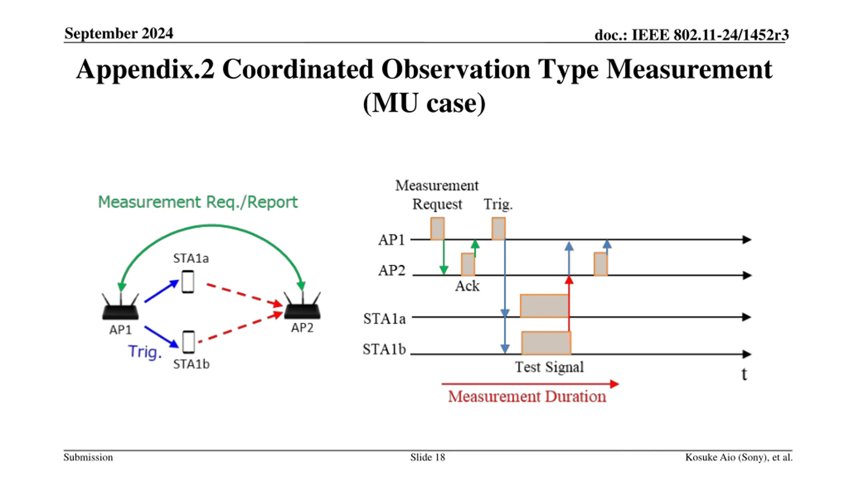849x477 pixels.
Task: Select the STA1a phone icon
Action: click(x=188, y=282)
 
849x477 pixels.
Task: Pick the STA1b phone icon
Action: click(x=189, y=342)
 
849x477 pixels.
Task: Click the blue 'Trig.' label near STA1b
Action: click(x=145, y=352)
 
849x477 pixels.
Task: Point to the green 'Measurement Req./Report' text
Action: click(x=198, y=202)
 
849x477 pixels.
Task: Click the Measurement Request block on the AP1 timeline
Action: click(x=437, y=229)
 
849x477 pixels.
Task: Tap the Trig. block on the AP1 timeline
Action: click(x=498, y=229)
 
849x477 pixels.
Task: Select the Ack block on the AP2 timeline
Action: click(x=468, y=264)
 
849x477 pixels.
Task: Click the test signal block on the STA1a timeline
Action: click(x=544, y=306)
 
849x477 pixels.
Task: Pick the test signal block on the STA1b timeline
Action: click(x=546, y=343)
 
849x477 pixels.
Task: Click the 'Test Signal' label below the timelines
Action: click(x=549, y=367)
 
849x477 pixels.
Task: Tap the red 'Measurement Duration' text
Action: click(x=527, y=397)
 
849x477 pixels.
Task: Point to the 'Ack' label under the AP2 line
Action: click(x=467, y=286)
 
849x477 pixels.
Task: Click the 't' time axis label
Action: click(x=744, y=374)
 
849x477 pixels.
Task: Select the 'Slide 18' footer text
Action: click(x=427, y=457)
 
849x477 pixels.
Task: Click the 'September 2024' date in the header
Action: click(x=119, y=33)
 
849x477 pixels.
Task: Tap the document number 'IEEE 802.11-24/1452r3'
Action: click(x=710, y=35)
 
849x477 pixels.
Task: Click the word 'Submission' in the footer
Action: click(x=88, y=457)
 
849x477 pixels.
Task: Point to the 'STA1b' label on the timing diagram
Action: click(x=384, y=349)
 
